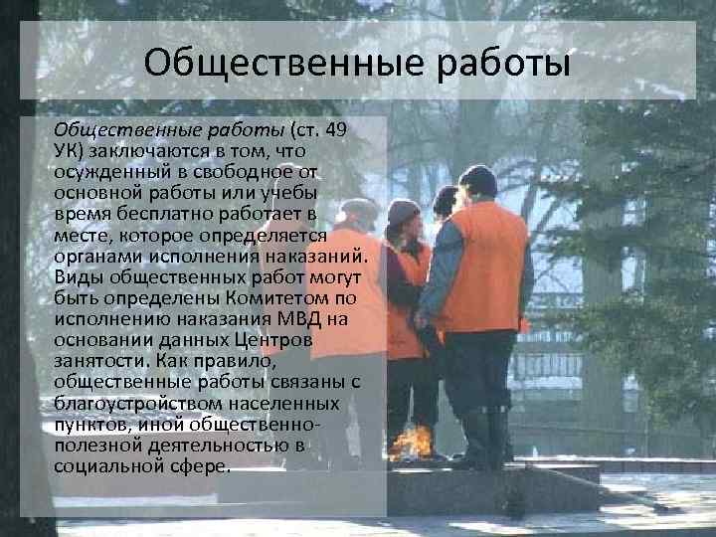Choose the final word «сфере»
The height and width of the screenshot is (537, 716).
tap(197, 465)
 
